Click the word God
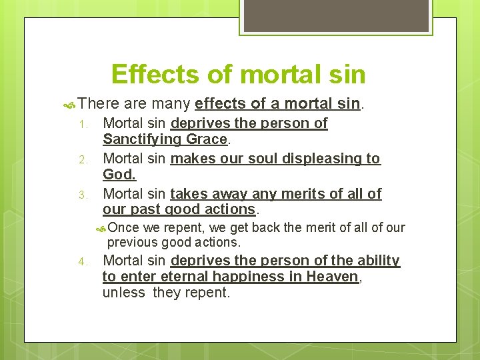pyautogui.click(x=119, y=175)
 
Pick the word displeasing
pyautogui.click(x=298, y=159)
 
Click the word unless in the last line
pyautogui.click(x=124, y=293)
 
